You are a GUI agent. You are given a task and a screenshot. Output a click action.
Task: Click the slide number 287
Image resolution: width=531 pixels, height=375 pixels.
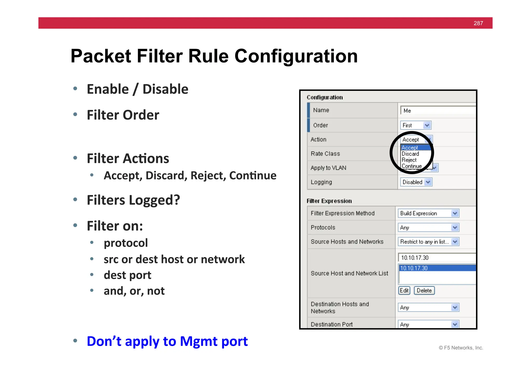(478, 23)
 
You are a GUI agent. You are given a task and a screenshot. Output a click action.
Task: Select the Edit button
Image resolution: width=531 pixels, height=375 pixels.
(404, 291)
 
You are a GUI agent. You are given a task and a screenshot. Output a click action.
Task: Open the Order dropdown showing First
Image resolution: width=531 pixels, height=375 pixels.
(416, 125)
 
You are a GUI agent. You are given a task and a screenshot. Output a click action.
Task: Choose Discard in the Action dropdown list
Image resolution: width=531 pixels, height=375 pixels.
(410, 154)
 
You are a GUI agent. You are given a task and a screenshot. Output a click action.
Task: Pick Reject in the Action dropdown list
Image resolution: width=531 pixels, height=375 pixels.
(409, 160)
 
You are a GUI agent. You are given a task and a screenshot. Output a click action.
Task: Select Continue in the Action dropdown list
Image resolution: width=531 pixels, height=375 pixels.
(411, 166)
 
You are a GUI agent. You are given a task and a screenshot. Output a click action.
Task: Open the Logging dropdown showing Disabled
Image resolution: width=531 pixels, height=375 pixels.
(416, 182)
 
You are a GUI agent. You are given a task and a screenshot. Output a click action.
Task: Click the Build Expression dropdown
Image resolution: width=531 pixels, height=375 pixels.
(428, 213)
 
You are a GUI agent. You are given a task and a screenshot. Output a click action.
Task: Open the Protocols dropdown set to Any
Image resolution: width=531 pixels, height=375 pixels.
(428, 228)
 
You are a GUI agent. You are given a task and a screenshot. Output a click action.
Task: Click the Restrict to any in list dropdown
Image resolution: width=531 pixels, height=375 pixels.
(428, 242)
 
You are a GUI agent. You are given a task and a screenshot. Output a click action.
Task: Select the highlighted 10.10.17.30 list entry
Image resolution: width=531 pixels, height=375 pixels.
(437, 268)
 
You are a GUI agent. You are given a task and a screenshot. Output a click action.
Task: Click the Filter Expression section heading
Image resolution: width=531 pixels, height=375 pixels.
(329, 201)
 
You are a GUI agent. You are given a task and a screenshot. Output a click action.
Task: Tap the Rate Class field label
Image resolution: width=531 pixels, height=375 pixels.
(325, 154)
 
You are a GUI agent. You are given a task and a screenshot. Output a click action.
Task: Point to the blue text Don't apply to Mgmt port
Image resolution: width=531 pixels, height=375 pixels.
(167, 341)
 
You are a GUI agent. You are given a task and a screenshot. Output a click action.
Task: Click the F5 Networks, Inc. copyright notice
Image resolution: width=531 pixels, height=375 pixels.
(461, 348)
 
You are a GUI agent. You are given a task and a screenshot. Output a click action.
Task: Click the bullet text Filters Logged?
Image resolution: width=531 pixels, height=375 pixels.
(133, 200)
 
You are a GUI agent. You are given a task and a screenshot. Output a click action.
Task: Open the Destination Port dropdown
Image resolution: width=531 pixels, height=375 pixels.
(428, 324)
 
